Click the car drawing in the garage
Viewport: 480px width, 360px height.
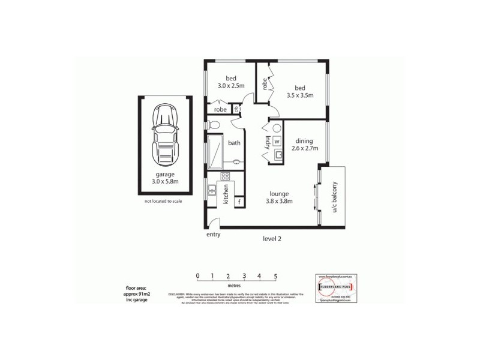165,136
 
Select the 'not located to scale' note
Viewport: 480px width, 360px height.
163,201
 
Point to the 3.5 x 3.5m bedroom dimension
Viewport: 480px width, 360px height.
300,95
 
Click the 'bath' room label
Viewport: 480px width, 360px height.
234,143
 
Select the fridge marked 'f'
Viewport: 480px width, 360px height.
239,202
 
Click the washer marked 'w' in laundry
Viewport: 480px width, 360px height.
277,142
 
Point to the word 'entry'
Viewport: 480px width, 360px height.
214,235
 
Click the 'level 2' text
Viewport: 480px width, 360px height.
272,239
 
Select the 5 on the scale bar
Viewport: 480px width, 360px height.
275,276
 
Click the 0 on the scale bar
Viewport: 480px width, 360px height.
197,276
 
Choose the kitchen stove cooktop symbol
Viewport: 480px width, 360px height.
226,176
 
